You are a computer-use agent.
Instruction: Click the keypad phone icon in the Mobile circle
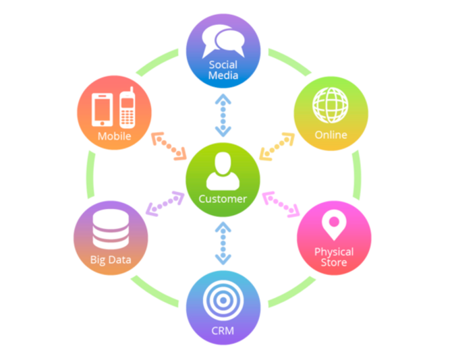pos(126,109)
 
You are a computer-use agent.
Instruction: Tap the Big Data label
pos(110,260)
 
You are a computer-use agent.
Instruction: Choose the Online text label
pos(331,135)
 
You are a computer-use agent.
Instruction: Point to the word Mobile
pos(114,137)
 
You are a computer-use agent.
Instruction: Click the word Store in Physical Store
pos(334,262)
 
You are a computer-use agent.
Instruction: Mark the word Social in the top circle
pos(223,65)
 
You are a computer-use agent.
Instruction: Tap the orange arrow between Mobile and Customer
pos(169,146)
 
